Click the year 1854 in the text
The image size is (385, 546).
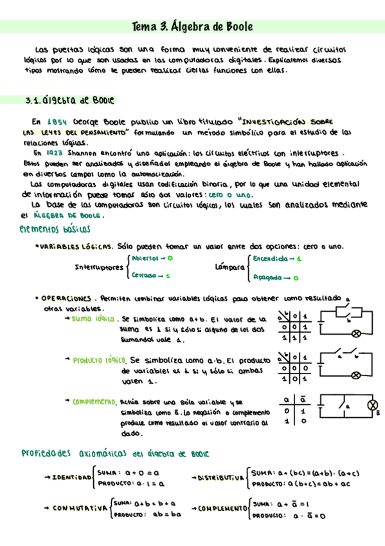tap(55, 120)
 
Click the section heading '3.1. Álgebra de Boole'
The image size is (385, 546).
tap(69, 100)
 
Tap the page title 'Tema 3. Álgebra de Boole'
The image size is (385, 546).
tap(192, 27)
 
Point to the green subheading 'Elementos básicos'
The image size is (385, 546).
tap(55, 229)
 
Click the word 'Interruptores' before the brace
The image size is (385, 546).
tap(100, 267)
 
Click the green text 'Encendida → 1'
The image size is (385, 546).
tap(277, 258)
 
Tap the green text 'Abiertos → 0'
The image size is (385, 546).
tap(152, 258)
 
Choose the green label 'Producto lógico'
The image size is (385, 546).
tap(99, 361)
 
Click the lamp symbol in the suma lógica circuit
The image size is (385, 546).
tap(355, 334)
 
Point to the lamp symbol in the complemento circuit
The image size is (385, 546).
tap(371, 404)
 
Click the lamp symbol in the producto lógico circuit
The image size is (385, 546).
tap(355, 375)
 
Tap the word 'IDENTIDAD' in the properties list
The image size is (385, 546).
tap(71, 477)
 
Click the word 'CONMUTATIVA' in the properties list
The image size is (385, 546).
tap(80, 509)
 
